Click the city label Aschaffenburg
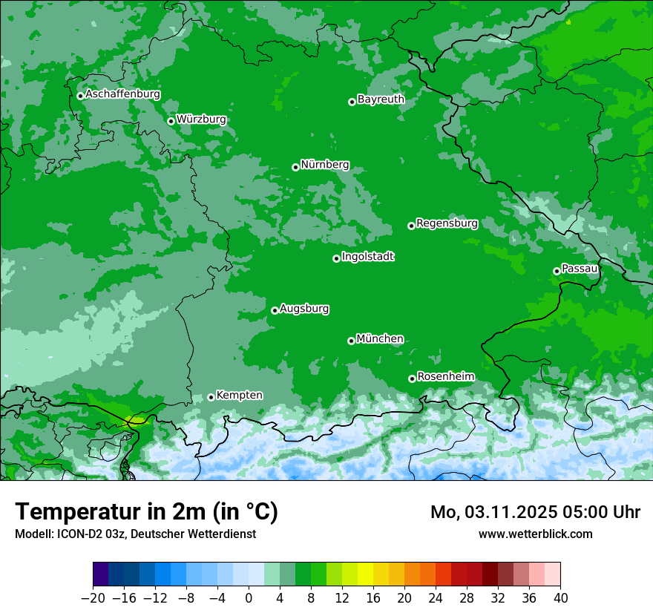(x=122, y=94)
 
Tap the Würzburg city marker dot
(x=171, y=121)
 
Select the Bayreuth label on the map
(x=381, y=99)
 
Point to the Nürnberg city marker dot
(x=295, y=167)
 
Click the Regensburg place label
(x=447, y=223)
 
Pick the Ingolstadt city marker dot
(x=336, y=258)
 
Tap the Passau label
(x=580, y=268)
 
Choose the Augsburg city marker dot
(x=275, y=310)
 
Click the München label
(x=380, y=338)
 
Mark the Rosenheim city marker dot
(x=412, y=379)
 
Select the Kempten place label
(x=239, y=395)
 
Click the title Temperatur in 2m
(x=146, y=511)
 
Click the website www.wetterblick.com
(x=535, y=534)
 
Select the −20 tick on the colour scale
(x=93, y=598)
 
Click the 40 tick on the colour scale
(x=560, y=598)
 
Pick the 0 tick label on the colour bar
(x=249, y=598)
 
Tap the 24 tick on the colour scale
(x=436, y=598)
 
